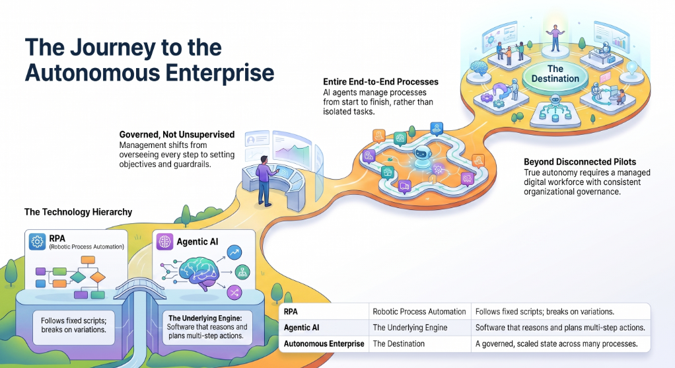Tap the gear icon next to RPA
38,242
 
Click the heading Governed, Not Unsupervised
177,135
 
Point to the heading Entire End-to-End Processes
380,82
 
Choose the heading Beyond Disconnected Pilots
580,162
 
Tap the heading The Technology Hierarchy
78,212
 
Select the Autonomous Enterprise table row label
324,344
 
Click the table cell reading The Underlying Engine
409,328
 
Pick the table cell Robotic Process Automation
419,312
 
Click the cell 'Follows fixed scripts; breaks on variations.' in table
545,312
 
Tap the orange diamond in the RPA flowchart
98,277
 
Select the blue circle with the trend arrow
234,252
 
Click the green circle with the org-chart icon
242,272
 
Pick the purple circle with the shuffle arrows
234,293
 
